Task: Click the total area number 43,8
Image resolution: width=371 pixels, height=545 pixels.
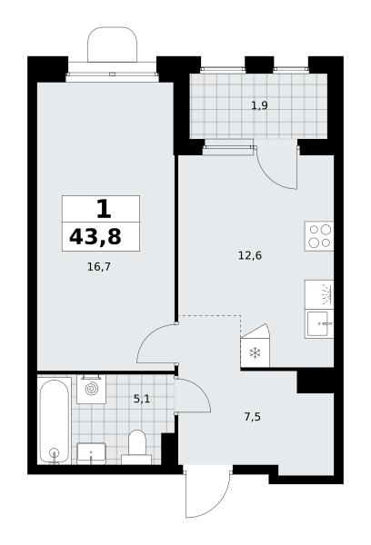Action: (x=95, y=237)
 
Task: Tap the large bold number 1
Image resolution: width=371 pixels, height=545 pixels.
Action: (x=104, y=209)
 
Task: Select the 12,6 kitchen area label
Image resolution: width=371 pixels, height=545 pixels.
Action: (x=250, y=256)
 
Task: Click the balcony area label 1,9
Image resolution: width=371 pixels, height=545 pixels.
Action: (x=259, y=105)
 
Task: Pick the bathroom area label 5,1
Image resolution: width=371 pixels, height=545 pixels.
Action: (x=142, y=399)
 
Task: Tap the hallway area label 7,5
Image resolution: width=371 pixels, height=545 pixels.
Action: (x=252, y=416)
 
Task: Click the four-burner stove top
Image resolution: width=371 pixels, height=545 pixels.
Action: (x=319, y=236)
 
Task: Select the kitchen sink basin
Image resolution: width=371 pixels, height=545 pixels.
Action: (x=319, y=324)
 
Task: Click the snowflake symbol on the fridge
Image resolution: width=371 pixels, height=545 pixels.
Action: (x=256, y=354)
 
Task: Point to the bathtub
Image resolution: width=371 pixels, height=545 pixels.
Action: (x=55, y=421)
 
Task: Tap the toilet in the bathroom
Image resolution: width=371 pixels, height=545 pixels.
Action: (x=136, y=447)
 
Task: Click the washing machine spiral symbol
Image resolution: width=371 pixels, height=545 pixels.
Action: (x=92, y=389)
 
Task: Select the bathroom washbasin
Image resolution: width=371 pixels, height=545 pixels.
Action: (x=91, y=453)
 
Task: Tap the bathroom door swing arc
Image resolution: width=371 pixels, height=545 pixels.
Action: (x=200, y=388)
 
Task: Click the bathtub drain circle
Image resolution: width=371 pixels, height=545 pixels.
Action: (x=54, y=453)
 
